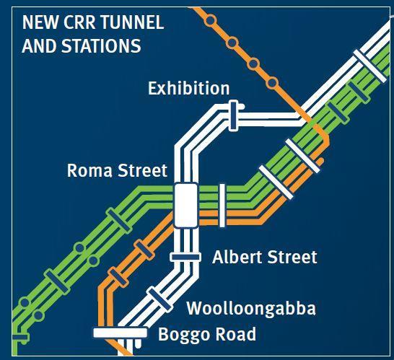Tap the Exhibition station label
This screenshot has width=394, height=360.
(x=188, y=89)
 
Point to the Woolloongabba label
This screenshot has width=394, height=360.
(x=251, y=309)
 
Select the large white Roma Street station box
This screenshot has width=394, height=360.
(x=185, y=204)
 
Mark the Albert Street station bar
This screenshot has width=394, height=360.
(x=186, y=257)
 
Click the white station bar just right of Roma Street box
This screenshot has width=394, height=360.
(x=222, y=200)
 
